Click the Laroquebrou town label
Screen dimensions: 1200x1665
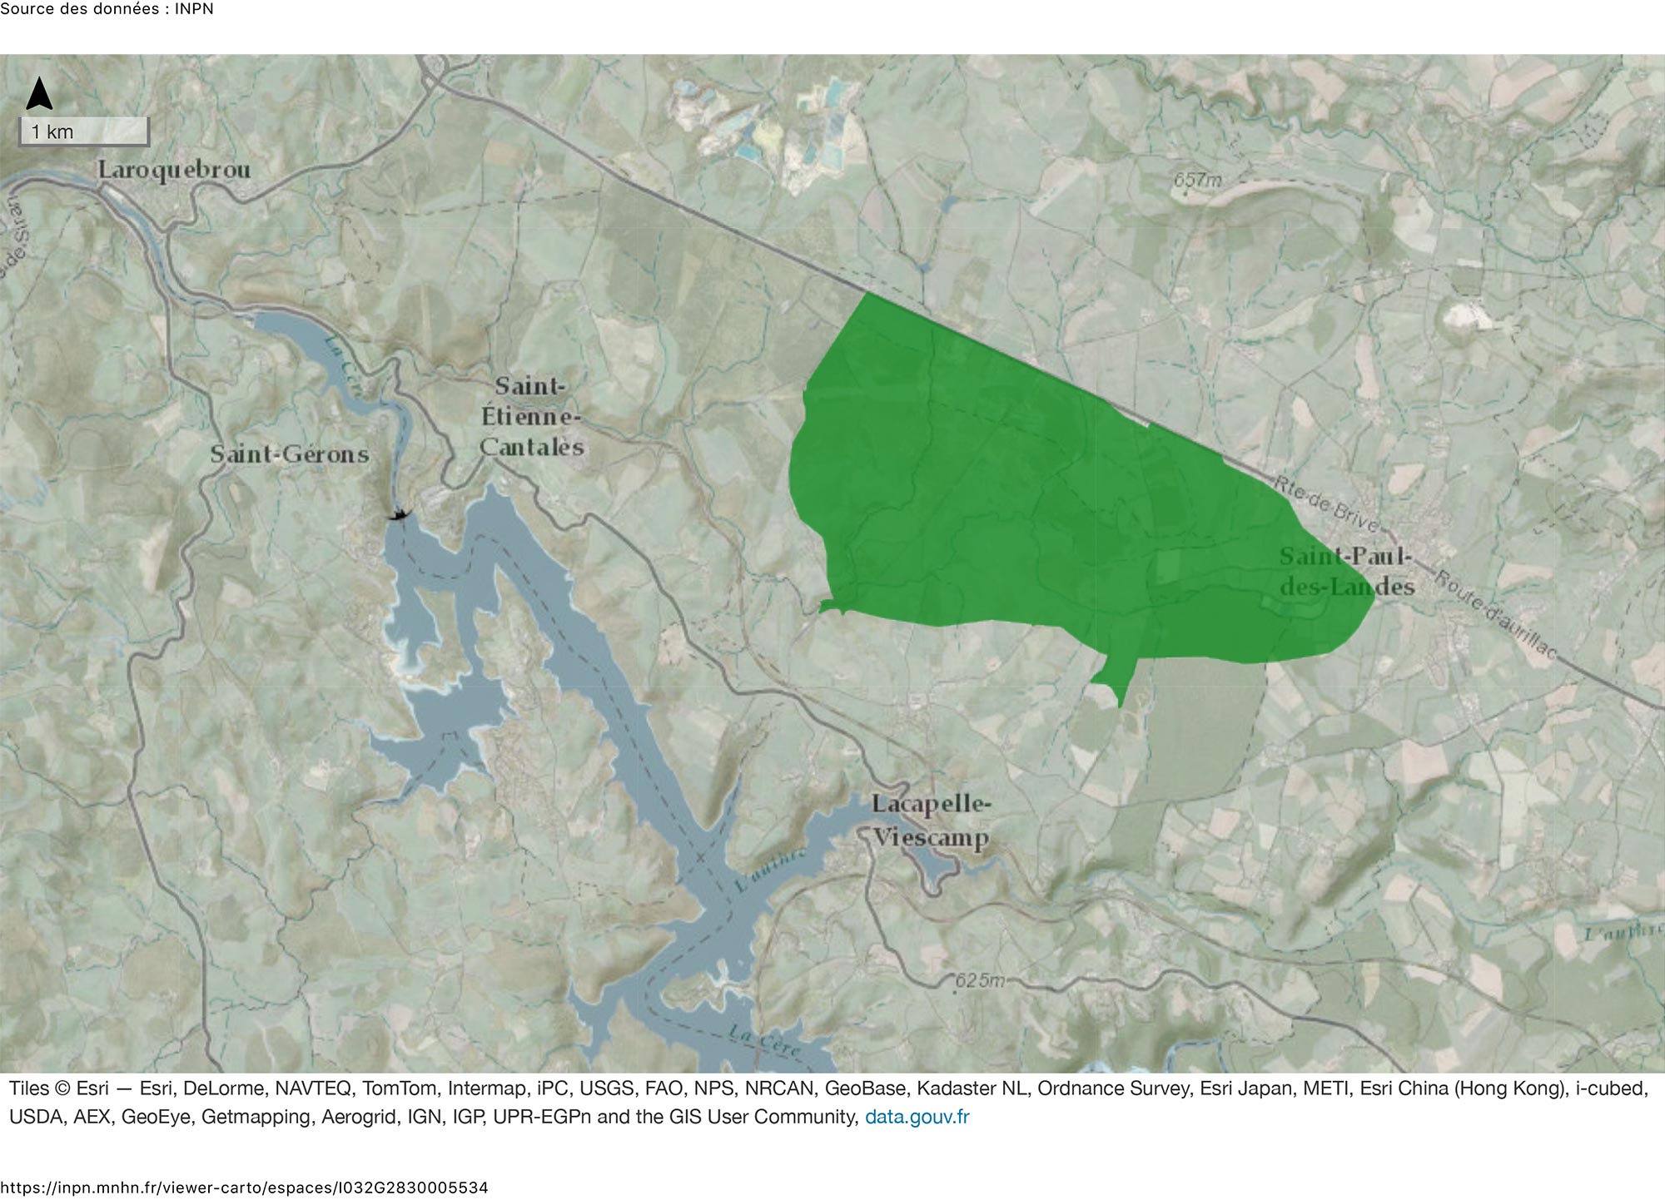click(x=174, y=170)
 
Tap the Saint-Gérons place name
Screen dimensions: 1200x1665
click(x=289, y=454)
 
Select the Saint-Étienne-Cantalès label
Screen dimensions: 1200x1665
click(x=530, y=416)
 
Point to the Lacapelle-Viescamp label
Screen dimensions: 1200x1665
click(x=931, y=821)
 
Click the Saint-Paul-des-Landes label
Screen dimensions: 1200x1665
click(x=1346, y=572)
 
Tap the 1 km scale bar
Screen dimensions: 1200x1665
click(x=84, y=131)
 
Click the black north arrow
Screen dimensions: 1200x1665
click(x=39, y=94)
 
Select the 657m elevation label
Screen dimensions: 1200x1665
click(x=1197, y=179)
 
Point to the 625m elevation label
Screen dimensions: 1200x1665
click(x=979, y=980)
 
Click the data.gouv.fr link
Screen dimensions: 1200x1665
click(x=917, y=1117)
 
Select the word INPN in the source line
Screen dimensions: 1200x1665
click(x=193, y=9)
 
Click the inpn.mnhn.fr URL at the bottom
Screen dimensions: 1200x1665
click(x=244, y=1188)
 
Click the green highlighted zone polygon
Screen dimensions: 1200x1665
click(x=1041, y=499)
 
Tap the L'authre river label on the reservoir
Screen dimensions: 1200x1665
click(x=770, y=870)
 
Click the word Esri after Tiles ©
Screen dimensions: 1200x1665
click(x=92, y=1088)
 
